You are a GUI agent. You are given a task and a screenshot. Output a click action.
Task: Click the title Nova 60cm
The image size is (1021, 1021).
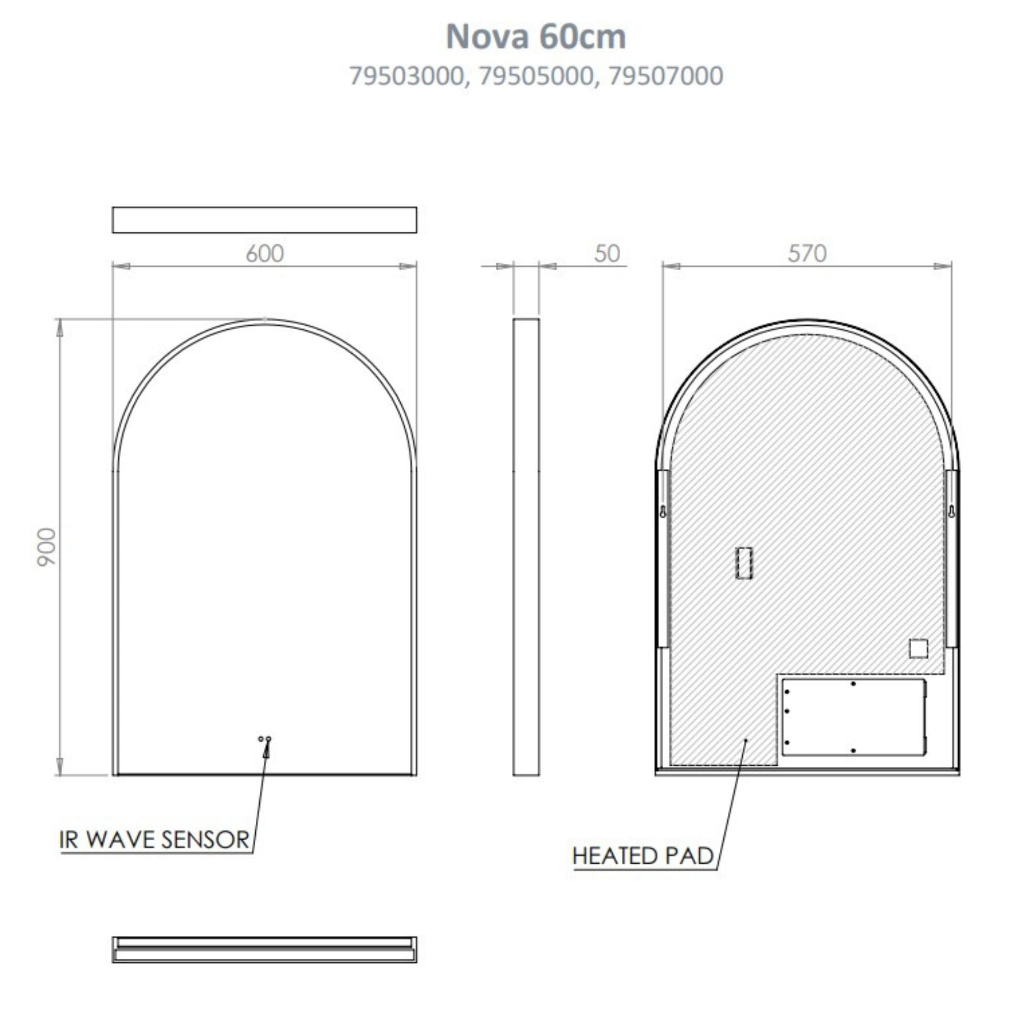pyautogui.click(x=536, y=37)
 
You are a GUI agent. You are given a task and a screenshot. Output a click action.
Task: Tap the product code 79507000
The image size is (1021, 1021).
pyautogui.click(x=665, y=76)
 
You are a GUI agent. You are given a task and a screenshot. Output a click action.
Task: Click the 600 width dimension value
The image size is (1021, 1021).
pyautogui.click(x=265, y=254)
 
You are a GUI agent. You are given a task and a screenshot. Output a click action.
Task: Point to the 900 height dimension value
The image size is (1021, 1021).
pyautogui.click(x=47, y=547)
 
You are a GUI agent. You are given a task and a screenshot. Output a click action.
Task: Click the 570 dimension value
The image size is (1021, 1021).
pyautogui.click(x=807, y=254)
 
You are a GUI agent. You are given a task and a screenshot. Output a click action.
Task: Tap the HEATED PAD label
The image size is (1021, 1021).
pyautogui.click(x=643, y=856)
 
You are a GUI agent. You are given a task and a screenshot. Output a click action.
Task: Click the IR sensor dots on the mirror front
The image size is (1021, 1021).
pyautogui.click(x=265, y=738)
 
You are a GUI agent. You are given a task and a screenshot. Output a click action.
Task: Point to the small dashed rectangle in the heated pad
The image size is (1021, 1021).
pyautogui.click(x=744, y=564)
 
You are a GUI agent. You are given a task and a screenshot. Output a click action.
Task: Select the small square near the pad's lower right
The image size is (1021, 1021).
pyautogui.click(x=918, y=648)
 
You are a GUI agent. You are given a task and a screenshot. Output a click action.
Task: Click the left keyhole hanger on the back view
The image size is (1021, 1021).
pyautogui.click(x=663, y=512)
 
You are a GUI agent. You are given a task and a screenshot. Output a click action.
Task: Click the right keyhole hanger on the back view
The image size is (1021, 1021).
pyautogui.click(x=951, y=512)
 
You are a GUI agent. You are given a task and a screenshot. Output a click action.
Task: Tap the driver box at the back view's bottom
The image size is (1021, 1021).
pyautogui.click(x=854, y=717)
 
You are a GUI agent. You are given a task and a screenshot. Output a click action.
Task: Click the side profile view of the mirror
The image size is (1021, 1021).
pyautogui.click(x=526, y=547)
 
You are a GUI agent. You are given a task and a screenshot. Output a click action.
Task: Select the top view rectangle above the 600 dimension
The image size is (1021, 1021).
pyautogui.click(x=264, y=220)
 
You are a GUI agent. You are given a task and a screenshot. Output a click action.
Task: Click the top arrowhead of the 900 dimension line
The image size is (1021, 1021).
pyautogui.click(x=60, y=329)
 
